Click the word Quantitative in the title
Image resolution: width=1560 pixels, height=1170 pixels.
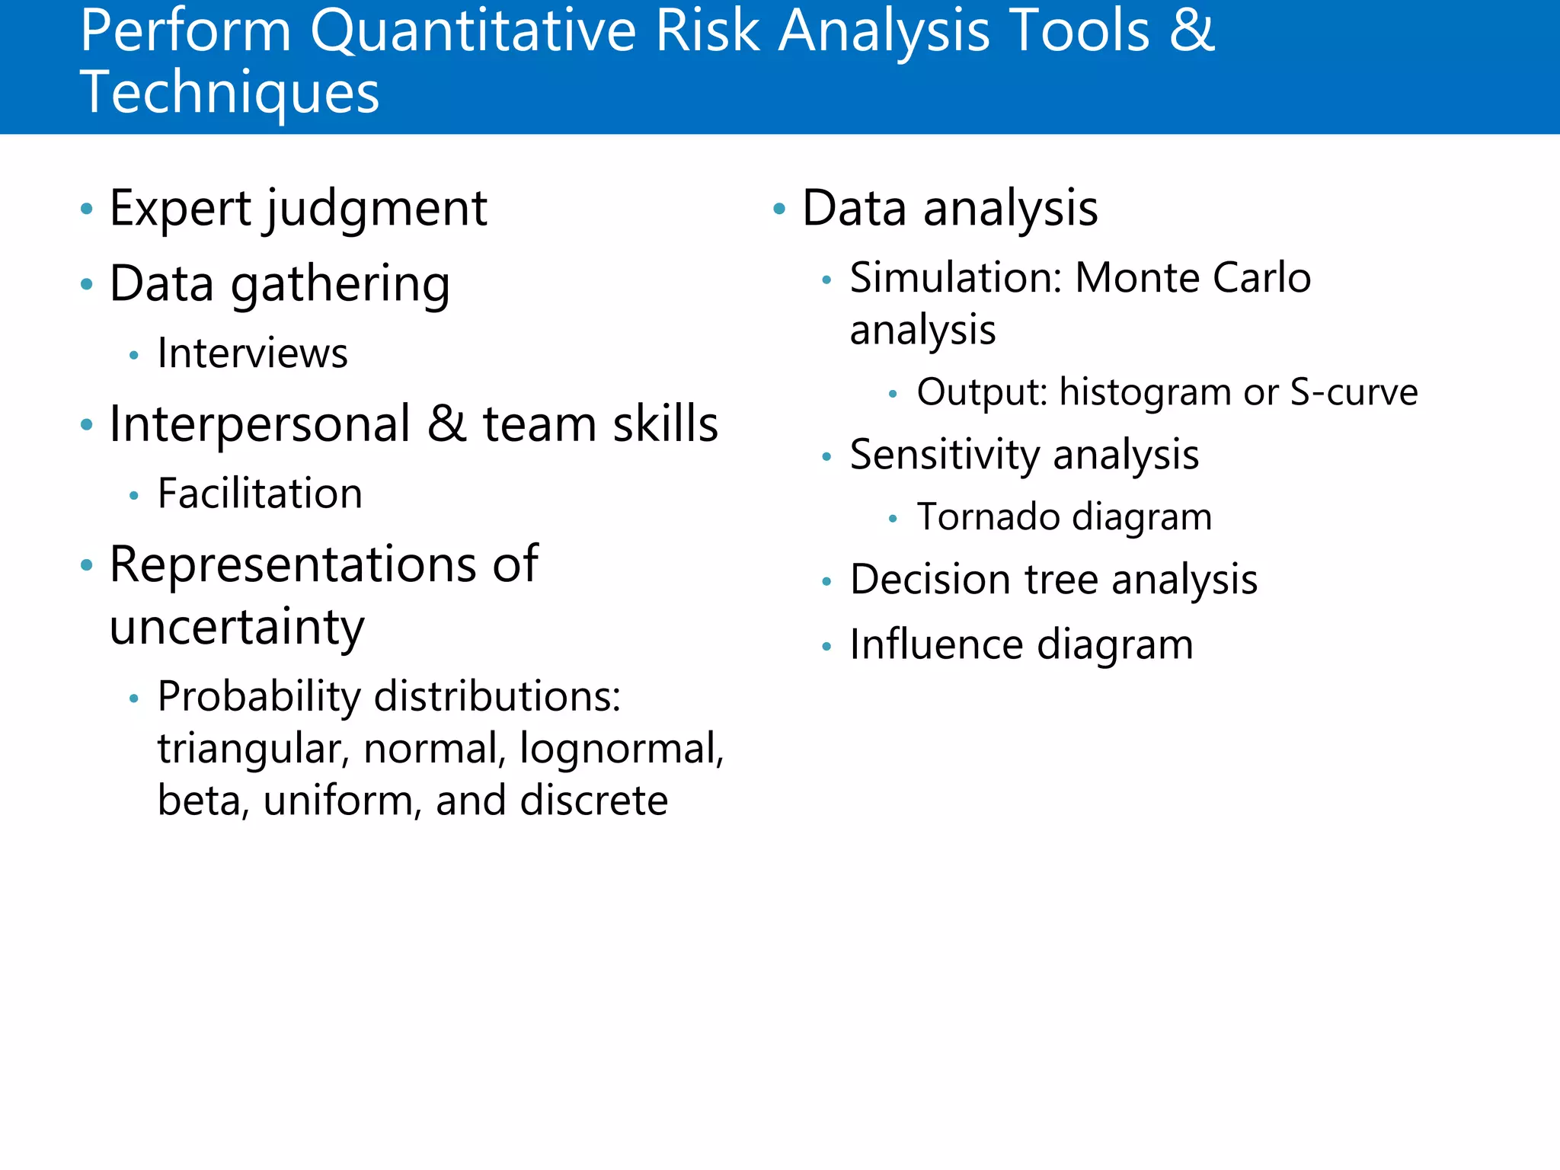point(472,32)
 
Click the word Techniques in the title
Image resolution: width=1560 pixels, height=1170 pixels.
point(229,93)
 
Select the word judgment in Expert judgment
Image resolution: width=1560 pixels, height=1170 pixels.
point(376,209)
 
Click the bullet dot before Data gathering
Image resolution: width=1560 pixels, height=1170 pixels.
point(87,284)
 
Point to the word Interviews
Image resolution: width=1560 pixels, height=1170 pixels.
point(252,353)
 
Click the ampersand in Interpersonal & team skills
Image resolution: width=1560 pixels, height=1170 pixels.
point(446,424)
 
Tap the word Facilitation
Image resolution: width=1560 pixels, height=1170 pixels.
point(260,494)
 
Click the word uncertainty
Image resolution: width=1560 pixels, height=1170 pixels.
point(237,628)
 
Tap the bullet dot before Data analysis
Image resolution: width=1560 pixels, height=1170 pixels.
point(778,208)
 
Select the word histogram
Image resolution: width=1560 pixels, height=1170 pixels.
point(1145,392)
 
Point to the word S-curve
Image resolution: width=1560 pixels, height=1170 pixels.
point(1353,392)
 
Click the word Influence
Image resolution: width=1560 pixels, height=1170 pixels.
point(937,645)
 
